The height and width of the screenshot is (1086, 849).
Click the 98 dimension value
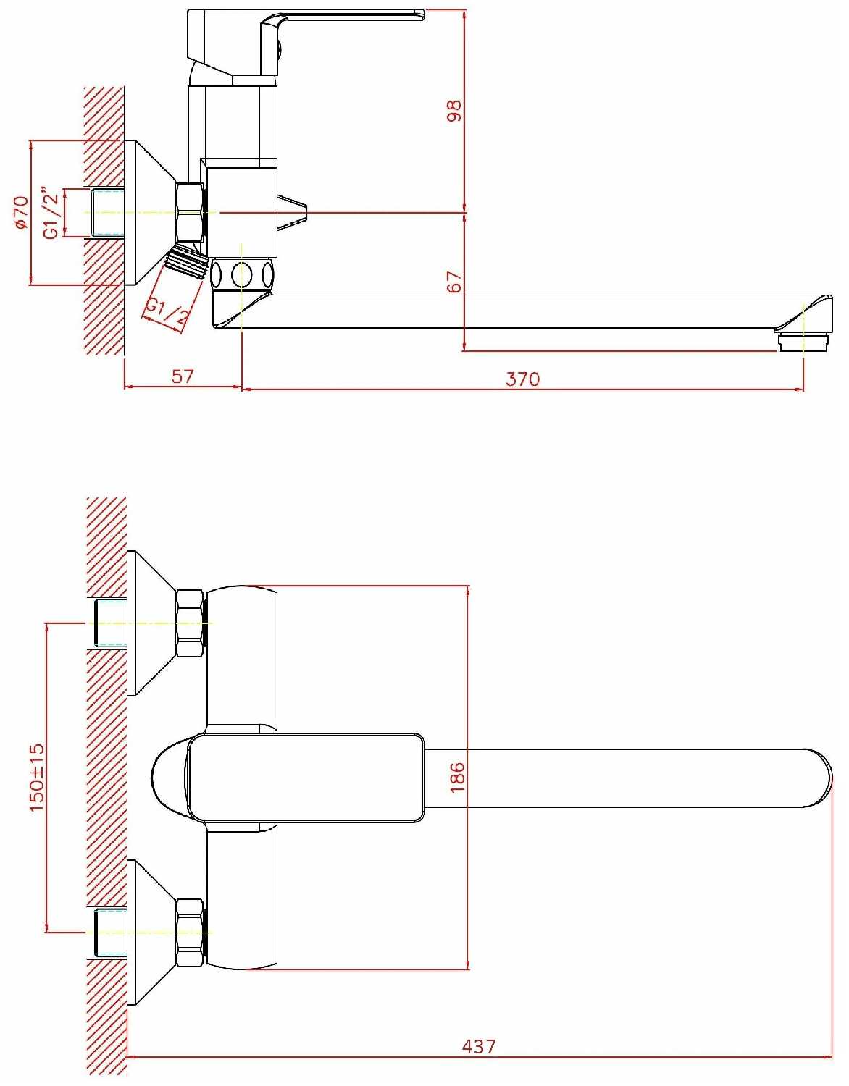[x=454, y=111]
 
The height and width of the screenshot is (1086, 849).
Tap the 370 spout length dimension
[x=522, y=379]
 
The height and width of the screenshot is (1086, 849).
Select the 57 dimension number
[x=183, y=376]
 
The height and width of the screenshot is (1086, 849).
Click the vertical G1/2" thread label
[x=50, y=213]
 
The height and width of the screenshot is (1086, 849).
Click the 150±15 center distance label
[x=37, y=777]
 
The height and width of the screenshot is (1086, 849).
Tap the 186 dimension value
[x=457, y=777]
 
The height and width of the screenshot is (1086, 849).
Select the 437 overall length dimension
[x=479, y=1046]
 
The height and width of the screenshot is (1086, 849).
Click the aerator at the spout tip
[x=803, y=342]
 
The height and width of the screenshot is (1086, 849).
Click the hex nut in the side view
[x=190, y=212]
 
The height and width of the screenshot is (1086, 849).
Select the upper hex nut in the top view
[x=190, y=623]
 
